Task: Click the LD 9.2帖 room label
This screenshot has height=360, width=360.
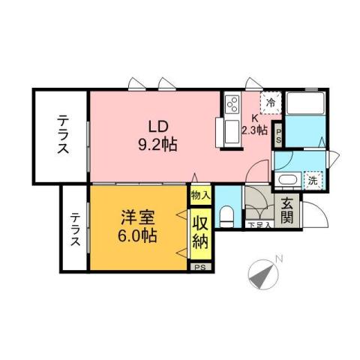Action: [x=157, y=136]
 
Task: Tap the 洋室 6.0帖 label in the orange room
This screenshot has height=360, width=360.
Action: [x=138, y=226]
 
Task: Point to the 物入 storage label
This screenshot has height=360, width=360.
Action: [x=200, y=196]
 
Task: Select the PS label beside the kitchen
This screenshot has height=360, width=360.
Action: [x=278, y=136]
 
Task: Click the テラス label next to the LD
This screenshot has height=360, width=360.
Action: [x=62, y=135]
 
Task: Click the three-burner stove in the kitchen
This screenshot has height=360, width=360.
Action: [x=231, y=101]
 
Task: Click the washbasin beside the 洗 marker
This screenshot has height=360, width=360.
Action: [x=286, y=181]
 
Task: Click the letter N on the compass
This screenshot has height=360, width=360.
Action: [x=277, y=259]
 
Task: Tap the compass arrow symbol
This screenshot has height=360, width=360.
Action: [x=262, y=276]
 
